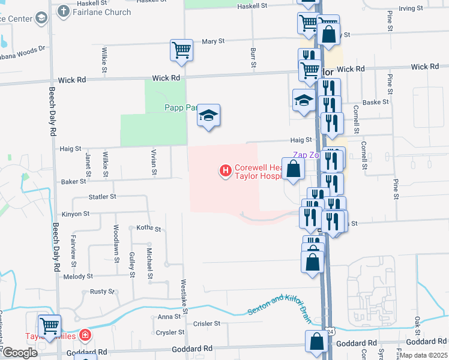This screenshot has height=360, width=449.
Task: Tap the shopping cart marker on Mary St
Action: point(181,51)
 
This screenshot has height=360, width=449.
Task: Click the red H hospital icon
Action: point(226,172)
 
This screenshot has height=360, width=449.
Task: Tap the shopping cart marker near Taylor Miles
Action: point(49,326)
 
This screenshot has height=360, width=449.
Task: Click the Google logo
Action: point(20,353)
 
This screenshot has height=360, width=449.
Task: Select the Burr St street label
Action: point(253,58)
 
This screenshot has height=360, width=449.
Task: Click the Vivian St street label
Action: point(154,163)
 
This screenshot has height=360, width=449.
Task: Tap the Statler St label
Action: point(101,196)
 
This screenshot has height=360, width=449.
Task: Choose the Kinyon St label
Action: point(75,214)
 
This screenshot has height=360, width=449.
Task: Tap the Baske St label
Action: point(376,102)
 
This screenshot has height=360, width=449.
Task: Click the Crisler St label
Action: point(207,323)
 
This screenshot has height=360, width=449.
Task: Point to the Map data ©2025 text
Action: point(424,355)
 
